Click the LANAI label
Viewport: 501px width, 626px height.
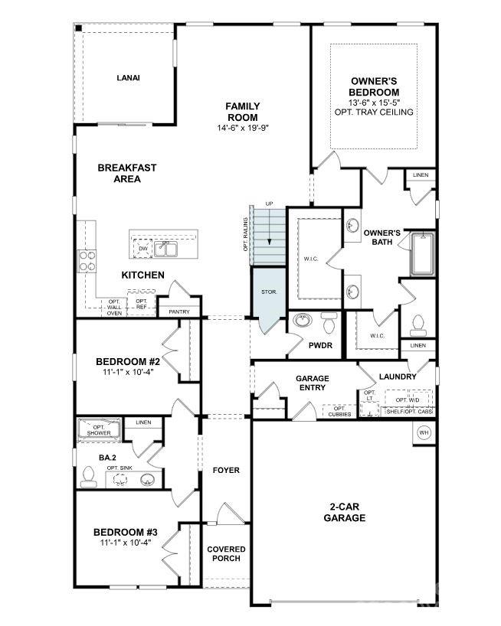128,77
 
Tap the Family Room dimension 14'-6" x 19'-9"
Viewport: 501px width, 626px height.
242,129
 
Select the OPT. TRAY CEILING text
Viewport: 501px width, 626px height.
374,112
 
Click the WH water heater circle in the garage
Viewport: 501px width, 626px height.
423,433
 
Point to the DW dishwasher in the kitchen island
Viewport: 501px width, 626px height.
143,249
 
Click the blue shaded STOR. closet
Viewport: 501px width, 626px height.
269,293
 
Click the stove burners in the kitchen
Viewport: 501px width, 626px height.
87,261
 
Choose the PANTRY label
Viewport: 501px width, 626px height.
178,311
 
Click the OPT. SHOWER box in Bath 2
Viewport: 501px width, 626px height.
98,429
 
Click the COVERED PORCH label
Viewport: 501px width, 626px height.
227,554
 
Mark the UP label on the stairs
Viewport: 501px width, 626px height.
269,204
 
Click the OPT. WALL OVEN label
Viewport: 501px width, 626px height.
114,307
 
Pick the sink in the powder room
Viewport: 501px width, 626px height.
303,321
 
